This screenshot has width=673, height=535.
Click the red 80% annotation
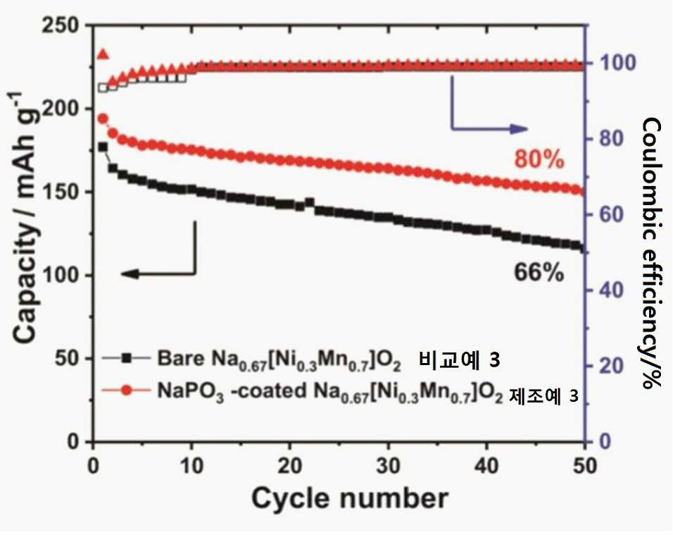coord(539,160)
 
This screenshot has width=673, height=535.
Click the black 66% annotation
coord(539,273)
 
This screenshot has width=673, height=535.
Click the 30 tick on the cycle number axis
coord(388,466)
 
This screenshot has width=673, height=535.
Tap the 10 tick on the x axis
coord(191,466)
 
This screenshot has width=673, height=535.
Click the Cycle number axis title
coord(349,499)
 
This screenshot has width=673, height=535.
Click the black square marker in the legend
coord(127,358)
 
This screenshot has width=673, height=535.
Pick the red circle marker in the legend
coord(127,391)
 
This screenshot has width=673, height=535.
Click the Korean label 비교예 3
coord(459,359)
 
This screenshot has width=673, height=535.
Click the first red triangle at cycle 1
coord(103,54)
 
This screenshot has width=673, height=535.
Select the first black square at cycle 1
coord(103,147)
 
